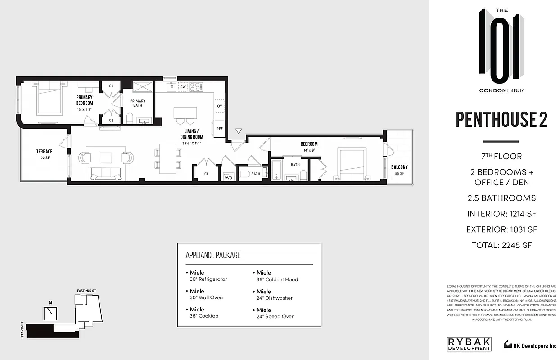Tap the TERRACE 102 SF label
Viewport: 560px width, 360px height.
tap(44, 154)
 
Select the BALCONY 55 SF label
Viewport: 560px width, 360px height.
tap(399, 170)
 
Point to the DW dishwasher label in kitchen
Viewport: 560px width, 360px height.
tap(183, 87)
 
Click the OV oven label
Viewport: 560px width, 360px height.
tap(219, 106)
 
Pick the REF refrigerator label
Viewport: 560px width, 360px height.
tap(219, 128)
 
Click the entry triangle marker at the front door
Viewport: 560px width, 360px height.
tap(239, 131)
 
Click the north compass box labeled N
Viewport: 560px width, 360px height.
tap(50, 311)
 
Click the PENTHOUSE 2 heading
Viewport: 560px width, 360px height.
tap(501, 120)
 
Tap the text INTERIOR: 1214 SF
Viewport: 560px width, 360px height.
tap(501, 214)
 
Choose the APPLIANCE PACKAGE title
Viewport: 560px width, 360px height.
tap(213, 255)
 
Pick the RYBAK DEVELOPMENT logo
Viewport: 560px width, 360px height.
tap(469, 344)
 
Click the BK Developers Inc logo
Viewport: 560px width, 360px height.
tap(529, 345)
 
